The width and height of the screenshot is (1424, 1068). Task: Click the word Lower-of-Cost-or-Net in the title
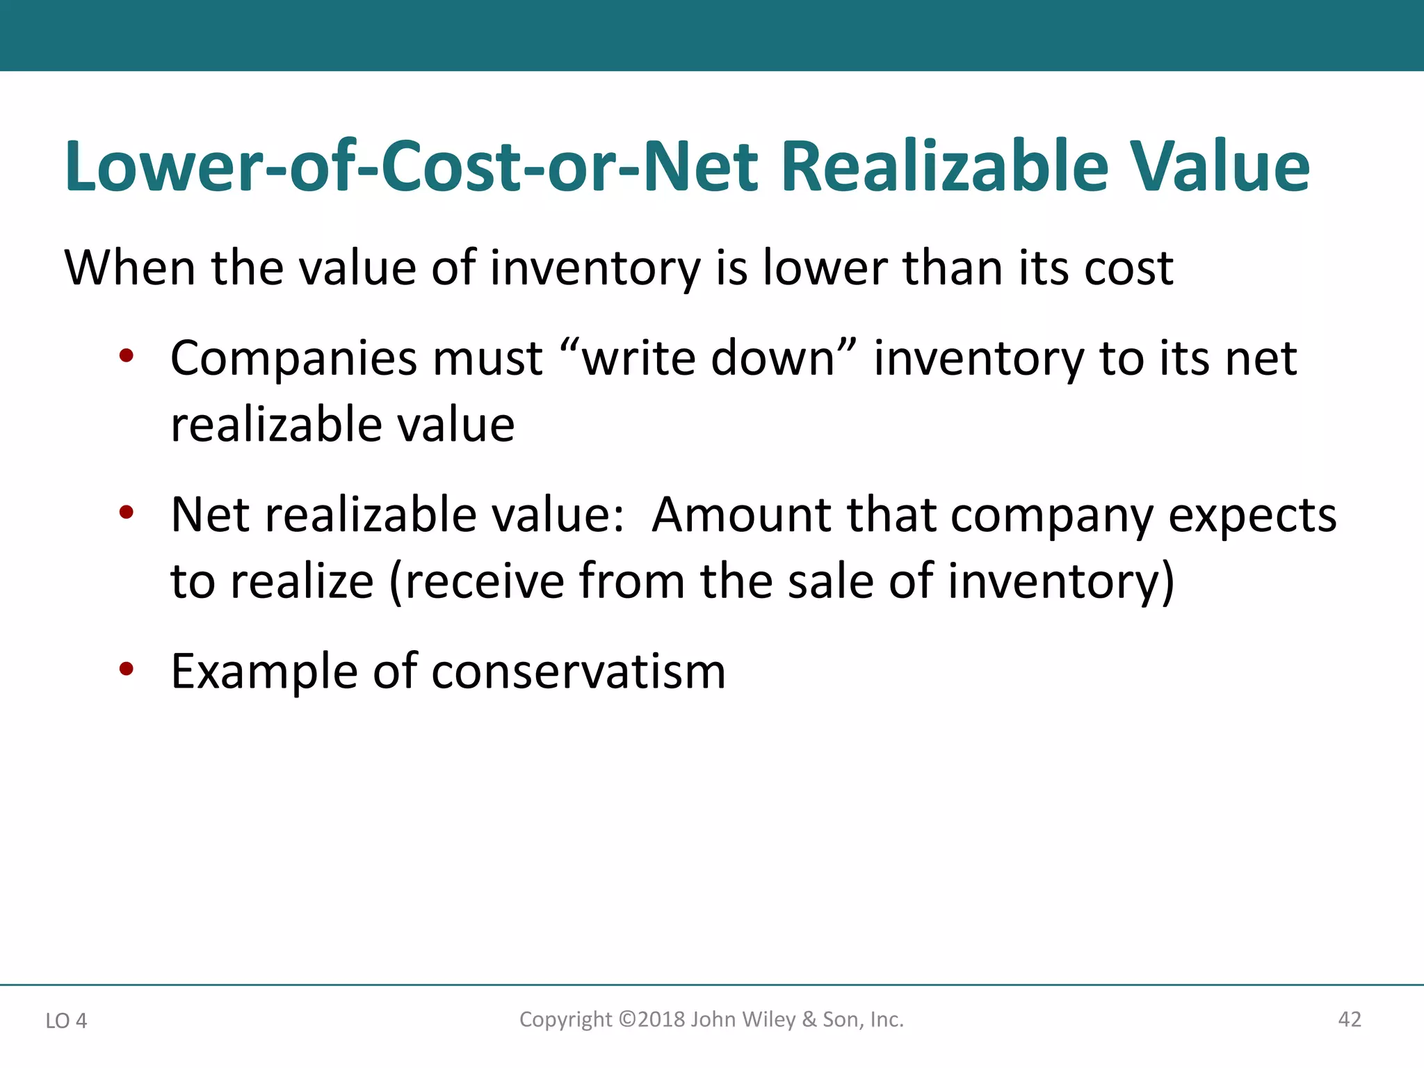pyautogui.click(x=410, y=167)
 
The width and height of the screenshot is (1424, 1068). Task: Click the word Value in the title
pyautogui.click(x=1220, y=167)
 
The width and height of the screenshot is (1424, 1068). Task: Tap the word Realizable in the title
pyautogui.click(x=944, y=167)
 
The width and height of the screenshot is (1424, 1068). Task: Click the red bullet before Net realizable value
pyautogui.click(x=126, y=513)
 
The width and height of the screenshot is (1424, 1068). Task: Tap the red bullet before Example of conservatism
pyautogui.click(x=126, y=670)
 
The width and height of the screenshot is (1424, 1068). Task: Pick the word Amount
pyautogui.click(x=741, y=515)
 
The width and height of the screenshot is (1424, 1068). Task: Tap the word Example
pyautogui.click(x=265, y=673)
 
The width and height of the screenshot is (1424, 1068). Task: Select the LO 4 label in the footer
pyautogui.click(x=66, y=1021)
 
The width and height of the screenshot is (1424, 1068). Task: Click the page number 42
pyautogui.click(x=1349, y=1019)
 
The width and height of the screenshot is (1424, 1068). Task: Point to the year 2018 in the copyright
pyautogui.click(x=661, y=1019)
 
